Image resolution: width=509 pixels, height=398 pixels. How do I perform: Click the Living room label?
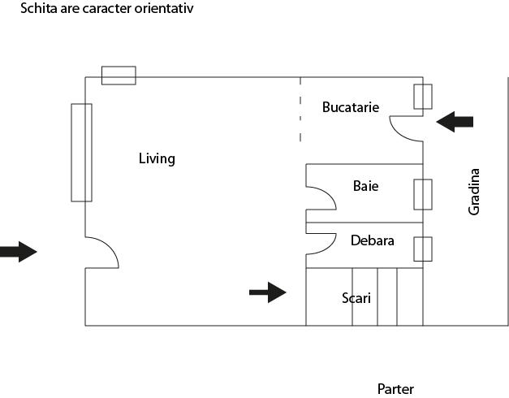pos(157,158)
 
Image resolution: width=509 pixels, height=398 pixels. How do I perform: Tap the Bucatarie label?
pos(350,107)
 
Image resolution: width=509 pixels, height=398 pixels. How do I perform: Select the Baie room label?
pos(365,186)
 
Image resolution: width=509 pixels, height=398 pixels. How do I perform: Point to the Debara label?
pos(372,240)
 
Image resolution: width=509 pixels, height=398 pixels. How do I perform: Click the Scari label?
pos(356,298)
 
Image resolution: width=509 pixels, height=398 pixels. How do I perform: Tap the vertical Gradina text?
pos(475,192)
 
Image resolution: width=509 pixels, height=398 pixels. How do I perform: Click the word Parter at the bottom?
pos(395,389)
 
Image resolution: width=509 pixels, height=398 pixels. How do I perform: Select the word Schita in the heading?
pos(37,9)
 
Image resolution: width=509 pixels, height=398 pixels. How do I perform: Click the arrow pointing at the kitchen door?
pos(455,122)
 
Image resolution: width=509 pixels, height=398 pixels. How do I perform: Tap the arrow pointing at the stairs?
pos(267,292)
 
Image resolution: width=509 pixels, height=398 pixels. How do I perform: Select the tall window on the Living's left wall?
pos(81,152)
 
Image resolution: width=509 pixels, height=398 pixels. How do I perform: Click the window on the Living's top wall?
pos(119,76)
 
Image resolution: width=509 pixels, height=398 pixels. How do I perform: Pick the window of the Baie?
pos(422,195)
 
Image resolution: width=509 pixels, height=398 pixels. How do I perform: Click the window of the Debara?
pos(422,249)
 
